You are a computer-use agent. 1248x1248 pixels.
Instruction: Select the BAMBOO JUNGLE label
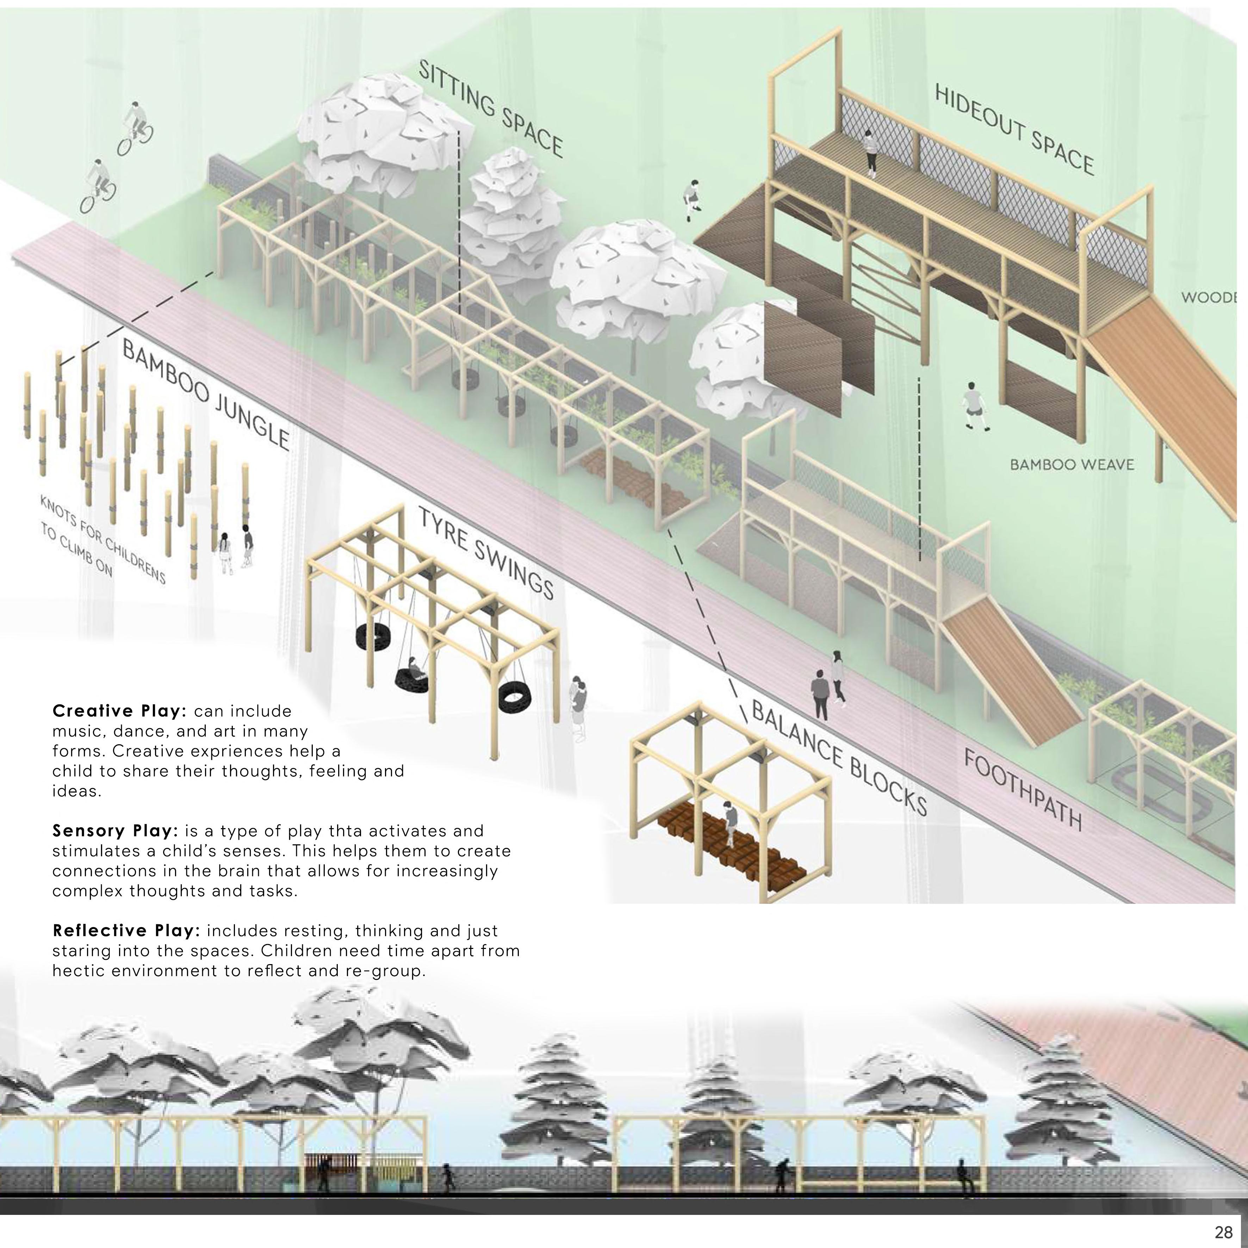[205, 395]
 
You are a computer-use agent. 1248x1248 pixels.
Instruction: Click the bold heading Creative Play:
[119, 711]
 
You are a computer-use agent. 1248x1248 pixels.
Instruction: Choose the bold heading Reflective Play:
[126, 931]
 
